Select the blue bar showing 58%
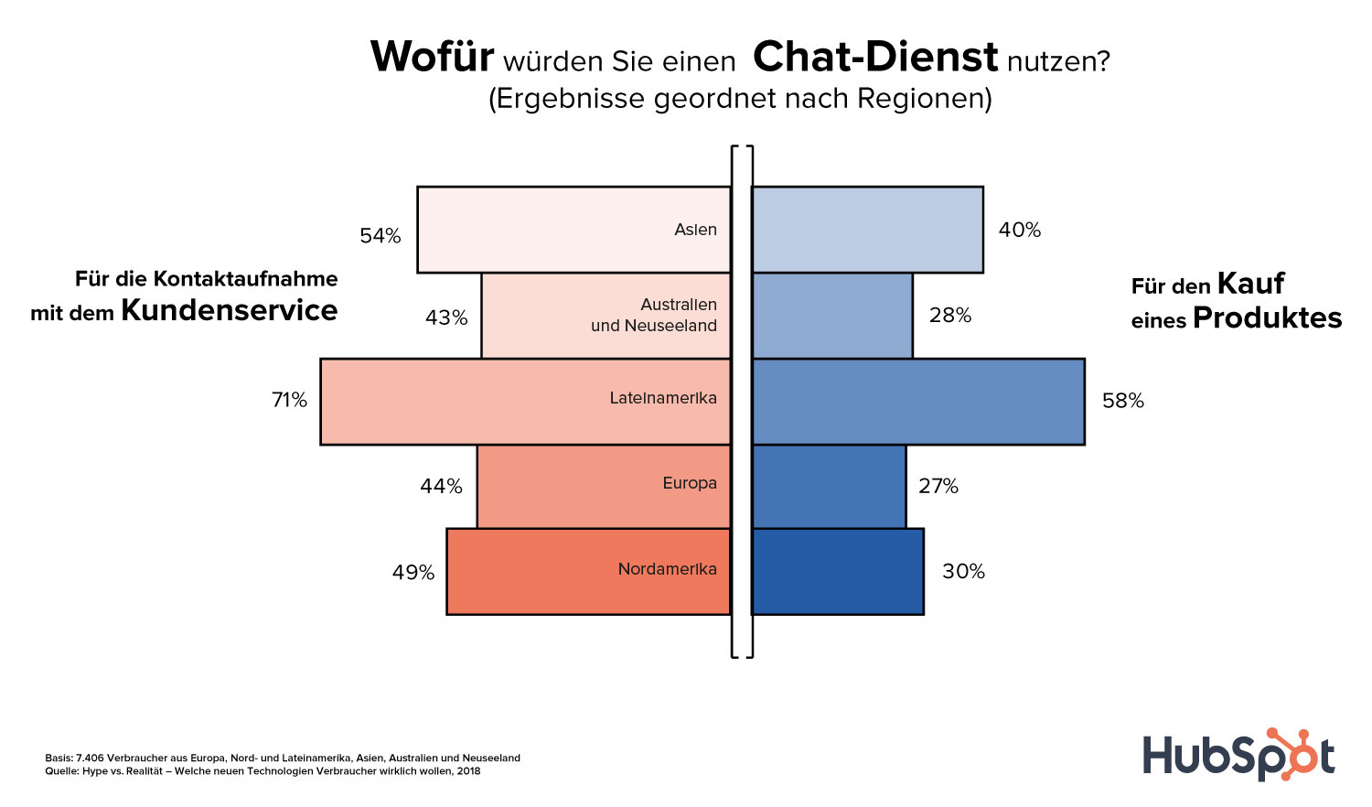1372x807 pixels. pyautogui.click(x=917, y=401)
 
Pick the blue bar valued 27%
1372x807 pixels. pyautogui.click(x=829, y=486)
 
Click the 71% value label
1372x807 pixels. pyautogui.click(x=289, y=400)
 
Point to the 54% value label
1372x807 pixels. pyautogui.click(x=381, y=236)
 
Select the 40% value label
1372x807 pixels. pyautogui.click(x=1020, y=230)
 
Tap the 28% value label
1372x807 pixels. pyautogui.click(x=950, y=315)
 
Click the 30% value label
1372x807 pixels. pyautogui.click(x=964, y=571)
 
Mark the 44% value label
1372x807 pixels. pyautogui.click(x=441, y=486)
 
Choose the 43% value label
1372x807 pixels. pyautogui.click(x=446, y=317)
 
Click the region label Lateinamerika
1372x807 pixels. pyautogui.click(x=663, y=398)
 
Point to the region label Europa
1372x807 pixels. pyautogui.click(x=690, y=483)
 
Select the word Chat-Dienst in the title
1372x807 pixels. pyautogui.click(x=875, y=57)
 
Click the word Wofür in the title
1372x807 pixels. pyautogui.click(x=432, y=57)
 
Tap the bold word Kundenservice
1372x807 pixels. pyautogui.click(x=230, y=310)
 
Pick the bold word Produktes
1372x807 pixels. pyautogui.click(x=1267, y=317)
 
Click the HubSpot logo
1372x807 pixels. pyautogui.click(x=1238, y=756)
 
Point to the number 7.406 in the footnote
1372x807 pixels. pyautogui.click(x=90, y=758)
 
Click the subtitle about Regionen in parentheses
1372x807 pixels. pyautogui.click(x=740, y=98)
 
